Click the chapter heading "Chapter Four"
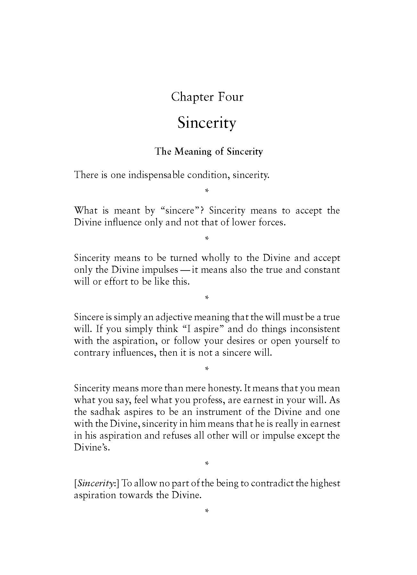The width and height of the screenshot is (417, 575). click(x=207, y=97)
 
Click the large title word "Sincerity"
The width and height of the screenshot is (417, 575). click(x=207, y=123)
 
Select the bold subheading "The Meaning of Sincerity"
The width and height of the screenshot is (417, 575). click(x=208, y=151)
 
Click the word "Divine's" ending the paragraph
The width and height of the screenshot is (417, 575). click(x=92, y=448)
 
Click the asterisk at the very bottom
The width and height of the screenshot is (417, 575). click(x=207, y=511)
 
